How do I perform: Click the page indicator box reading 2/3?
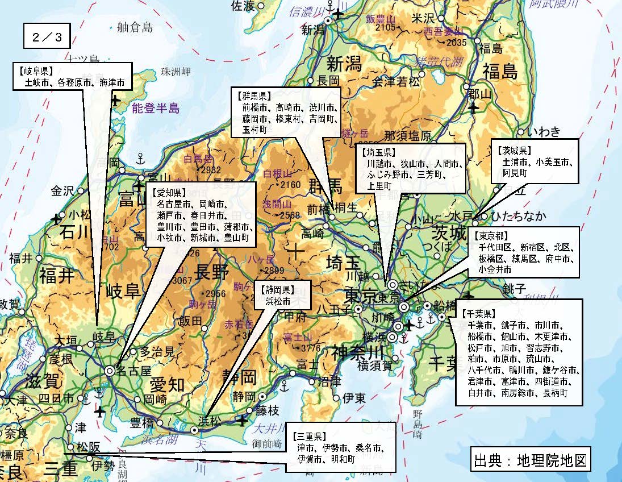click(47, 38)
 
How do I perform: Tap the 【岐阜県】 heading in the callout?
click(35, 72)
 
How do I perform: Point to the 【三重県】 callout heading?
click(310, 437)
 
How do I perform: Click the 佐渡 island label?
click(243, 6)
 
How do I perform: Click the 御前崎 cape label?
click(267, 443)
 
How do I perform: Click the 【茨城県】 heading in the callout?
click(514, 151)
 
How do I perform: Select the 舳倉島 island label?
click(135, 27)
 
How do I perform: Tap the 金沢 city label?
click(62, 191)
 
